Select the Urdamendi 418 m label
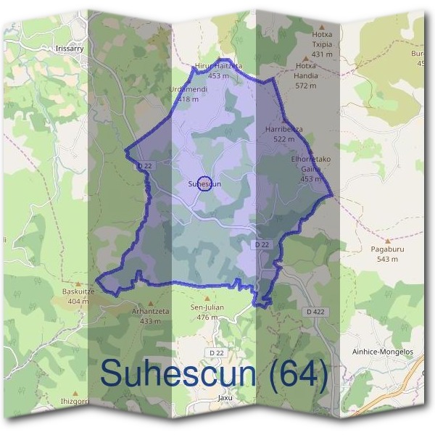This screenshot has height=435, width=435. [188, 94]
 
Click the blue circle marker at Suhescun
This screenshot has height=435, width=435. [204, 183]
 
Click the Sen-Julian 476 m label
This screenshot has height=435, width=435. [207, 312]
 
